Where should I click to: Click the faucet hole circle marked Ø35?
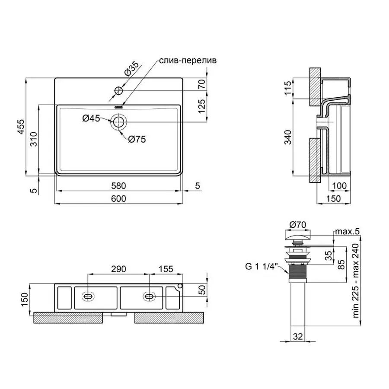pyautogui.click(x=118, y=91)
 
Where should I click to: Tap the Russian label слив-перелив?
pyautogui.click(x=188, y=61)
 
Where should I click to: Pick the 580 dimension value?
pyautogui.click(x=118, y=186)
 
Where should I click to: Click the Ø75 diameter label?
pyautogui.click(x=137, y=139)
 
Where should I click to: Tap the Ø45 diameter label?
pyautogui.click(x=91, y=118)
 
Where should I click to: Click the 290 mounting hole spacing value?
pyautogui.click(x=118, y=269)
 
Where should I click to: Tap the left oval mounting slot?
pyautogui.click(x=88, y=296)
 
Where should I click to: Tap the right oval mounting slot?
pyautogui.click(x=150, y=296)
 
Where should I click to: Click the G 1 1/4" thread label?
pyautogui.click(x=261, y=266)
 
